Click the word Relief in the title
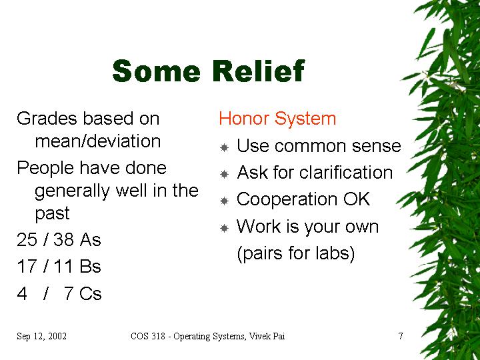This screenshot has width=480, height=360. tap(258, 71)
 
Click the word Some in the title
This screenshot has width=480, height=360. tap(157, 71)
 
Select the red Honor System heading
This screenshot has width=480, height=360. tap(277, 119)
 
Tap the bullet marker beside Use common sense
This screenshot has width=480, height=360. tap(225, 147)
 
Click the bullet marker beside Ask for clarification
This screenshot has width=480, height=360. tap(225, 174)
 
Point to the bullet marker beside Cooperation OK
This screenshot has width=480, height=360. tap(225, 201)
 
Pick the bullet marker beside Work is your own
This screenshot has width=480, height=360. tap(225, 228)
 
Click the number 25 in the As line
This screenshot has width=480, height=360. tap(27, 239)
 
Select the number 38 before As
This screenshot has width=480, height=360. tap(64, 239)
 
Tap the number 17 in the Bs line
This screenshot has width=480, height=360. tap(27, 266)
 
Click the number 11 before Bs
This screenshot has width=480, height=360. tap(63, 266)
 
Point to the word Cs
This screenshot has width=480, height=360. tap(90, 293)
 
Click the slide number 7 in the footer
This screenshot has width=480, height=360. tap(401, 336)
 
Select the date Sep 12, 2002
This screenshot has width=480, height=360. tap(41, 337)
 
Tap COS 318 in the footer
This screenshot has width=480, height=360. tap(148, 336)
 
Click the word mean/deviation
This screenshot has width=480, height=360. tap(98, 141)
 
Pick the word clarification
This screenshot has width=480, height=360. tap(346, 173)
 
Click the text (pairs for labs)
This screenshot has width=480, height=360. tap(296, 254)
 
